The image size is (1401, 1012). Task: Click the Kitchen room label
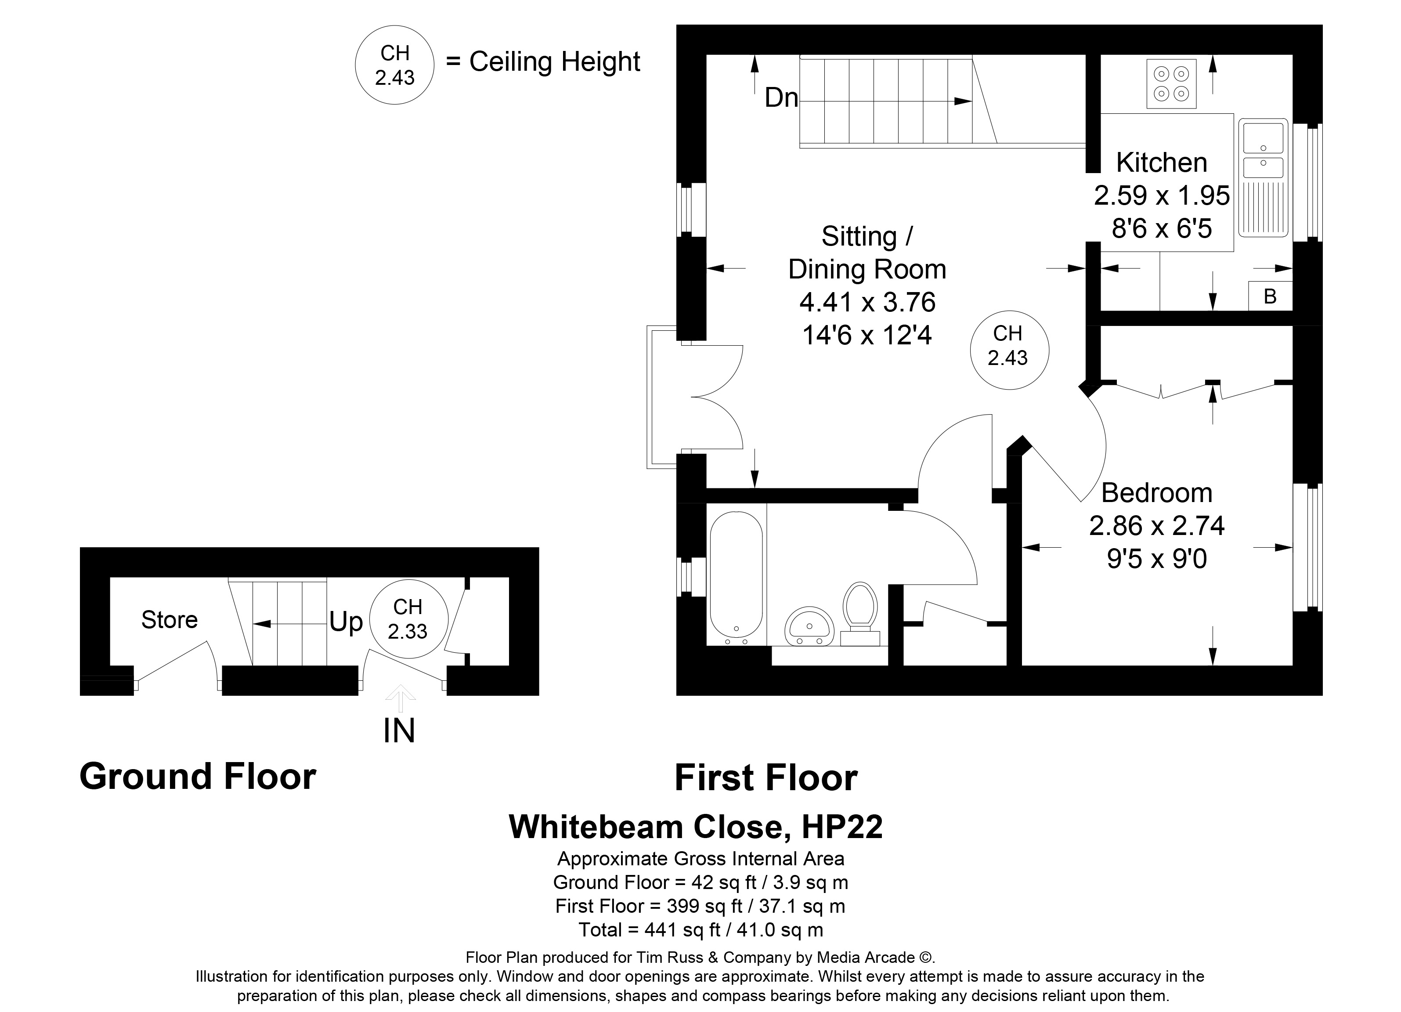(1161, 163)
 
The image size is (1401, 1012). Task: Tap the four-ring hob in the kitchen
(1171, 83)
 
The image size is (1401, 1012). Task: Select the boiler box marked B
(1270, 296)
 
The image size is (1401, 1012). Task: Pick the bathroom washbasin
(809, 626)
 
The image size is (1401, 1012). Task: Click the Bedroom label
(1156, 493)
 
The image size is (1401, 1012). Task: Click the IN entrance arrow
(400, 699)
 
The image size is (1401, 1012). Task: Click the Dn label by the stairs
(781, 98)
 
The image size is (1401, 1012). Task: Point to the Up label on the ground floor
(346, 622)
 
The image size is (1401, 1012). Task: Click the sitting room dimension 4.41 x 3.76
(867, 303)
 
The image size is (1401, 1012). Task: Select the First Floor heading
(766, 778)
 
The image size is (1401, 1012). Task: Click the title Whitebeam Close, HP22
(696, 827)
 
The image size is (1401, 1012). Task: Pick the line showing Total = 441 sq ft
(700, 930)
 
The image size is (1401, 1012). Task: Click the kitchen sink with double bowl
(1263, 179)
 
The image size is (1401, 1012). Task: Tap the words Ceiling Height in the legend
(555, 62)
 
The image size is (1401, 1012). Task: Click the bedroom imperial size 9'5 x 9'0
(1156, 559)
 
